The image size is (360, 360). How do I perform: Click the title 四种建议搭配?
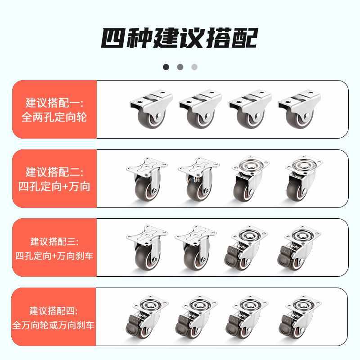179,38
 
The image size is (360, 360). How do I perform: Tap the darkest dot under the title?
166,67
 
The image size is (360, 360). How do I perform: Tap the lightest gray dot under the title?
194,67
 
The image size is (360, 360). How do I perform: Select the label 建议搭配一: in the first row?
54,103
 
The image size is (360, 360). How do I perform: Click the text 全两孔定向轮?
54,117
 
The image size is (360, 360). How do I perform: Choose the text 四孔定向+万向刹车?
54,256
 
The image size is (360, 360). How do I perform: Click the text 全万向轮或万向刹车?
54,325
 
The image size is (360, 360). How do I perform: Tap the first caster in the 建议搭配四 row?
147,318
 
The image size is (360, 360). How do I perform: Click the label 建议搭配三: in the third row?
54,241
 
